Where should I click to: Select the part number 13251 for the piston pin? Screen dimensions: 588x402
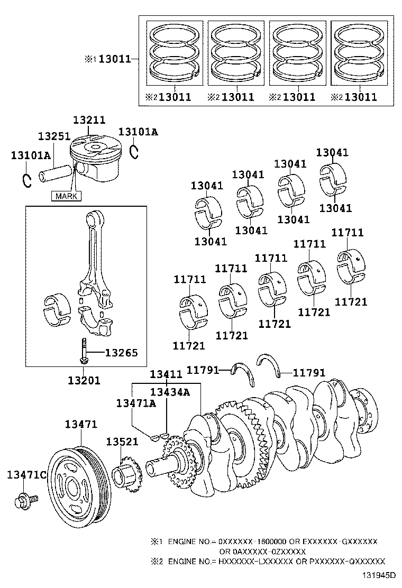[53, 136]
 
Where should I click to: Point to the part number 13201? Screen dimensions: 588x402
[84, 380]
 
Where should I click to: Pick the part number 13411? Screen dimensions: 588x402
[166, 374]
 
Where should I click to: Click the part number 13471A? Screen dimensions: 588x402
[136, 403]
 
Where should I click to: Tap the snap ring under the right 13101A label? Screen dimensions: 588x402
[134, 151]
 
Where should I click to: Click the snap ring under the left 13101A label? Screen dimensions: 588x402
[26, 180]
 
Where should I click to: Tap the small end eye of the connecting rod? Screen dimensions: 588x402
[95, 218]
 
